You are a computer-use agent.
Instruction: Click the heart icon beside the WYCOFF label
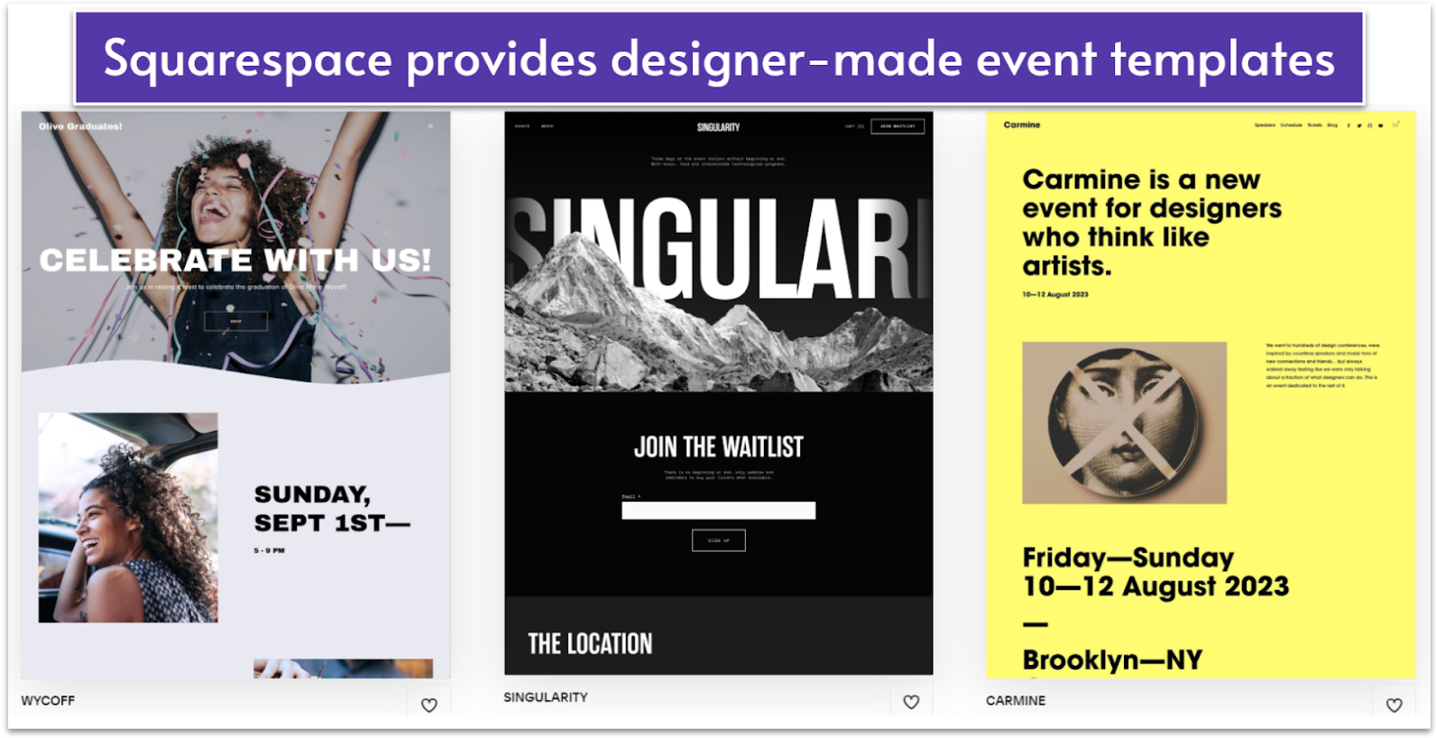(x=429, y=706)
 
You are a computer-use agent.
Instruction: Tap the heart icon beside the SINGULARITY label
(x=911, y=702)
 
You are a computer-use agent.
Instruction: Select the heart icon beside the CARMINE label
(x=1394, y=706)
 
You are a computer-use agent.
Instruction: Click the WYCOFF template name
(x=48, y=701)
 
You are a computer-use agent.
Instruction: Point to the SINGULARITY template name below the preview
(x=545, y=697)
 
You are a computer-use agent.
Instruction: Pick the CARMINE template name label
(x=1015, y=701)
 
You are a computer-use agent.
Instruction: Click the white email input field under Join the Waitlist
(x=718, y=511)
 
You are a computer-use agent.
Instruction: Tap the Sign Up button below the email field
(x=718, y=540)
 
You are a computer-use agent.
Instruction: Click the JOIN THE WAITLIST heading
(x=718, y=447)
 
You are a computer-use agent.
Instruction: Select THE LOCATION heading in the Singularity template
(x=590, y=644)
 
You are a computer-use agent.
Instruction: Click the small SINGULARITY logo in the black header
(x=718, y=127)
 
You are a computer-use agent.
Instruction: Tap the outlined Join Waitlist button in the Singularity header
(x=897, y=126)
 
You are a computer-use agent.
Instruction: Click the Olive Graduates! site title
(x=80, y=126)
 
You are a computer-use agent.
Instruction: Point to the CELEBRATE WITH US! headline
(x=235, y=261)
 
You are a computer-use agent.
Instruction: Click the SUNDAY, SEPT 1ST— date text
(x=331, y=509)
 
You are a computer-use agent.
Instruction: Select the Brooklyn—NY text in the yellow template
(x=1112, y=660)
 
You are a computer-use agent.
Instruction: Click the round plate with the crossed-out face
(x=1123, y=423)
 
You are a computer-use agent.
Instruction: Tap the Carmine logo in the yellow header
(x=1021, y=125)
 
